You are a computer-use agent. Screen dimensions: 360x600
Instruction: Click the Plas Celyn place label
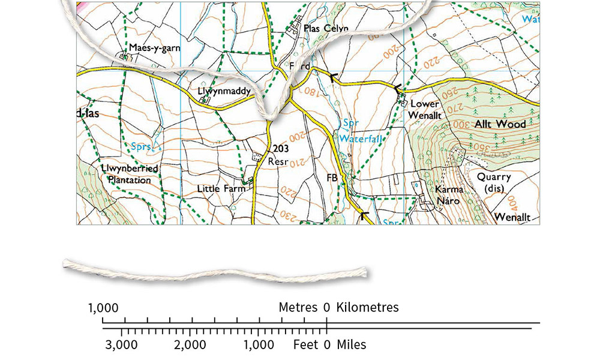[326, 28]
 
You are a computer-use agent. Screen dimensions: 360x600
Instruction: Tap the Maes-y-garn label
[154, 48]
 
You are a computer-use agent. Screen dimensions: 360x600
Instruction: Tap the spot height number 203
[281, 149]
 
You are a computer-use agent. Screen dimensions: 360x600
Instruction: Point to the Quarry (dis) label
[494, 182]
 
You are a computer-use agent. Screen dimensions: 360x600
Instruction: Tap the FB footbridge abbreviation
[332, 178]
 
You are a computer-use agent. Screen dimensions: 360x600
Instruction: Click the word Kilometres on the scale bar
[367, 308]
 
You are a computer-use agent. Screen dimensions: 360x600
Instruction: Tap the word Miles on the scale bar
[351, 345]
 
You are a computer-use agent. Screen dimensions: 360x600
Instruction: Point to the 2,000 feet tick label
[190, 345]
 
